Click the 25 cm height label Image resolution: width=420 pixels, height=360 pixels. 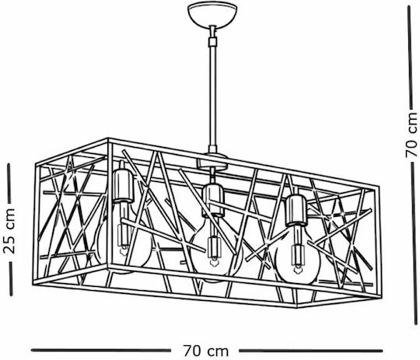pos(9,231)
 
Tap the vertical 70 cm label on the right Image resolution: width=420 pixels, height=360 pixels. pos(411,135)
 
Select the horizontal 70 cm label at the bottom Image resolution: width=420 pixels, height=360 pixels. pos(205,351)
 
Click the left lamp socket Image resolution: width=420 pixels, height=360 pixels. pos(123,185)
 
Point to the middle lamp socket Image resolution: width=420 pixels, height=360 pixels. pos(213,200)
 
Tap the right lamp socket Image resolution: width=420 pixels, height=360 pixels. pos(296,210)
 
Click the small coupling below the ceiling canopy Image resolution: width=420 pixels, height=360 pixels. pos(213,41)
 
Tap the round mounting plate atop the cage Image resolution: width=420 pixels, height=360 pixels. pos(212,162)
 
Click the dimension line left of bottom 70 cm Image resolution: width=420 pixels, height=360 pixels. pos(101,350)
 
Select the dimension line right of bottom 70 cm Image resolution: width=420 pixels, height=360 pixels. pos(310,351)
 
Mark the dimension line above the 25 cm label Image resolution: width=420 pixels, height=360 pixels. pos(9,183)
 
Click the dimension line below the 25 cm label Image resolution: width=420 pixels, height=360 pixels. pos(11,279)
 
